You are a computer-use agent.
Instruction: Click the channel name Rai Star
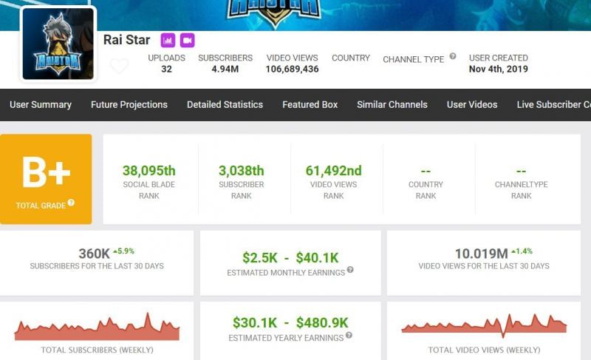pos(127,40)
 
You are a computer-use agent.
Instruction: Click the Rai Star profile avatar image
pos(58,44)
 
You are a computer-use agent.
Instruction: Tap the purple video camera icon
pos(187,40)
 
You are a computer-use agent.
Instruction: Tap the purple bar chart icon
pos(168,40)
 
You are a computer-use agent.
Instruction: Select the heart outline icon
pos(119,66)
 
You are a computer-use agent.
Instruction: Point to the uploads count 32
pos(166,69)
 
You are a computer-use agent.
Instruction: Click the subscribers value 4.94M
pos(225,69)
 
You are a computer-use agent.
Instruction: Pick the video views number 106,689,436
pos(293,69)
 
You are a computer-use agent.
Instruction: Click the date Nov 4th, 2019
pos(498,69)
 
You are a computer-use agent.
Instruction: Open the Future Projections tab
pos(129,104)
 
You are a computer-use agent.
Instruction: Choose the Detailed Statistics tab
pos(225,104)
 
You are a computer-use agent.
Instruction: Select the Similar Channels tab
pos(392,104)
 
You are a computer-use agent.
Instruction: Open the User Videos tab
pos(472,104)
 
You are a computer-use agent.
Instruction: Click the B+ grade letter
pos(46,173)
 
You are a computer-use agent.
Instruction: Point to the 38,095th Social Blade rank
pos(150,171)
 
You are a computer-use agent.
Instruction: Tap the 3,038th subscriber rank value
pos(241,171)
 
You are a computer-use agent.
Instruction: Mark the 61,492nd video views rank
pos(333,171)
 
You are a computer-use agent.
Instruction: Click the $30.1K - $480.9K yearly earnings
pos(290,322)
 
